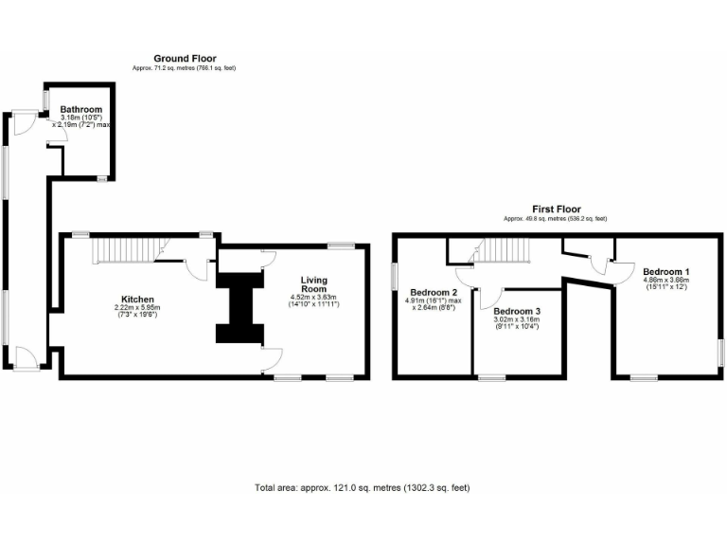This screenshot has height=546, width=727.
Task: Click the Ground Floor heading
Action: pos(185,59)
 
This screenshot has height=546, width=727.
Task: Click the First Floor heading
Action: pos(556,209)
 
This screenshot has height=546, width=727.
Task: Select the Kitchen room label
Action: pos(137,299)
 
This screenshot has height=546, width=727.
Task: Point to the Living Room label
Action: pos(314,285)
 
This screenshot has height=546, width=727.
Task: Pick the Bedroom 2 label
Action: pos(434,292)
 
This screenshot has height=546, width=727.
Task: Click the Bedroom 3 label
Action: pos(518,311)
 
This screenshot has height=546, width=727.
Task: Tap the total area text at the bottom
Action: pos(363,488)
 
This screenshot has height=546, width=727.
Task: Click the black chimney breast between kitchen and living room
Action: pos(239,308)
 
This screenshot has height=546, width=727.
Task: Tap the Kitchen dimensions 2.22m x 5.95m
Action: pos(137,311)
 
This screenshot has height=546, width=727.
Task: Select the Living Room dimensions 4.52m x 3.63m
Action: pos(314,300)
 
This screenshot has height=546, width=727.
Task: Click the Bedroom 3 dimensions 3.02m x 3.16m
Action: pos(518,323)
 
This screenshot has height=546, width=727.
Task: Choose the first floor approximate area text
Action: pos(556,219)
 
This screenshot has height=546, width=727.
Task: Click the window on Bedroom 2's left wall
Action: pos(394,275)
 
